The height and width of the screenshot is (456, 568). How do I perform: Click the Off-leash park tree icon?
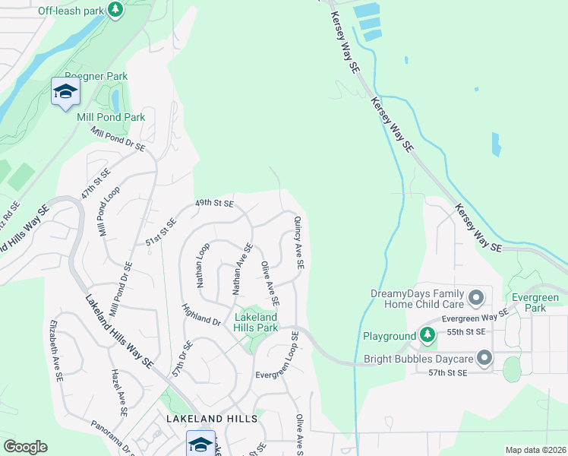point(115,10)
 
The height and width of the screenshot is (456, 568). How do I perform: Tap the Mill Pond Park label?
point(111,118)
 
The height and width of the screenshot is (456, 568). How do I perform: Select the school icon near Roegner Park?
point(65,92)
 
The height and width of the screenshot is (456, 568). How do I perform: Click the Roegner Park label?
point(96,76)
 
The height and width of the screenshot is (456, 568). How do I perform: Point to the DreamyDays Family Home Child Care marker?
point(476,296)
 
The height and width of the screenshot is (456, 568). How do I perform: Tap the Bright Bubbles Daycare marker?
point(484,358)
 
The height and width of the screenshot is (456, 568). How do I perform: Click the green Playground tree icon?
point(428,335)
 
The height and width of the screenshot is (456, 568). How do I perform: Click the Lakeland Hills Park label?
point(255,321)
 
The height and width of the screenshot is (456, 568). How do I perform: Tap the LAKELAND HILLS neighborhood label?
point(212,419)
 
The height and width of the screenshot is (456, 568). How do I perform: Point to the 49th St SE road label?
point(214,204)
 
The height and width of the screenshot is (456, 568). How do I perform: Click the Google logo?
point(25,447)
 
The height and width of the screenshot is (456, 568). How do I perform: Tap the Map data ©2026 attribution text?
point(535,450)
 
